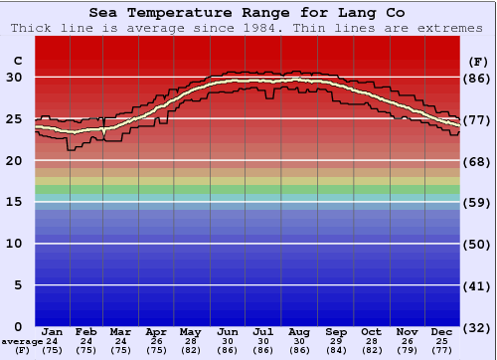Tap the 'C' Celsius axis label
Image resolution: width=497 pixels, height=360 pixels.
click(x=17, y=62)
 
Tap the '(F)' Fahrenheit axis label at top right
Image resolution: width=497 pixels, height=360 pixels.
click(x=477, y=62)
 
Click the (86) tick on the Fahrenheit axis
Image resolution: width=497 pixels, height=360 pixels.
click(x=477, y=78)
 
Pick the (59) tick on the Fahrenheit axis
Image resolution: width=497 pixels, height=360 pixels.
click(x=477, y=202)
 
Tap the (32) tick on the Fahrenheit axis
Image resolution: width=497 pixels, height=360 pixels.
click(x=477, y=327)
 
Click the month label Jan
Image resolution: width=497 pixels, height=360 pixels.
click(x=53, y=331)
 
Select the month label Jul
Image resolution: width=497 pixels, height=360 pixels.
click(x=263, y=331)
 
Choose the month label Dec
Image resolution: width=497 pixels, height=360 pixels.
click(x=442, y=331)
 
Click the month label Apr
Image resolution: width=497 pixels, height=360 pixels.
click(x=157, y=331)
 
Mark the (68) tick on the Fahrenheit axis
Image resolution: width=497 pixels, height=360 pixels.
click(x=477, y=161)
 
